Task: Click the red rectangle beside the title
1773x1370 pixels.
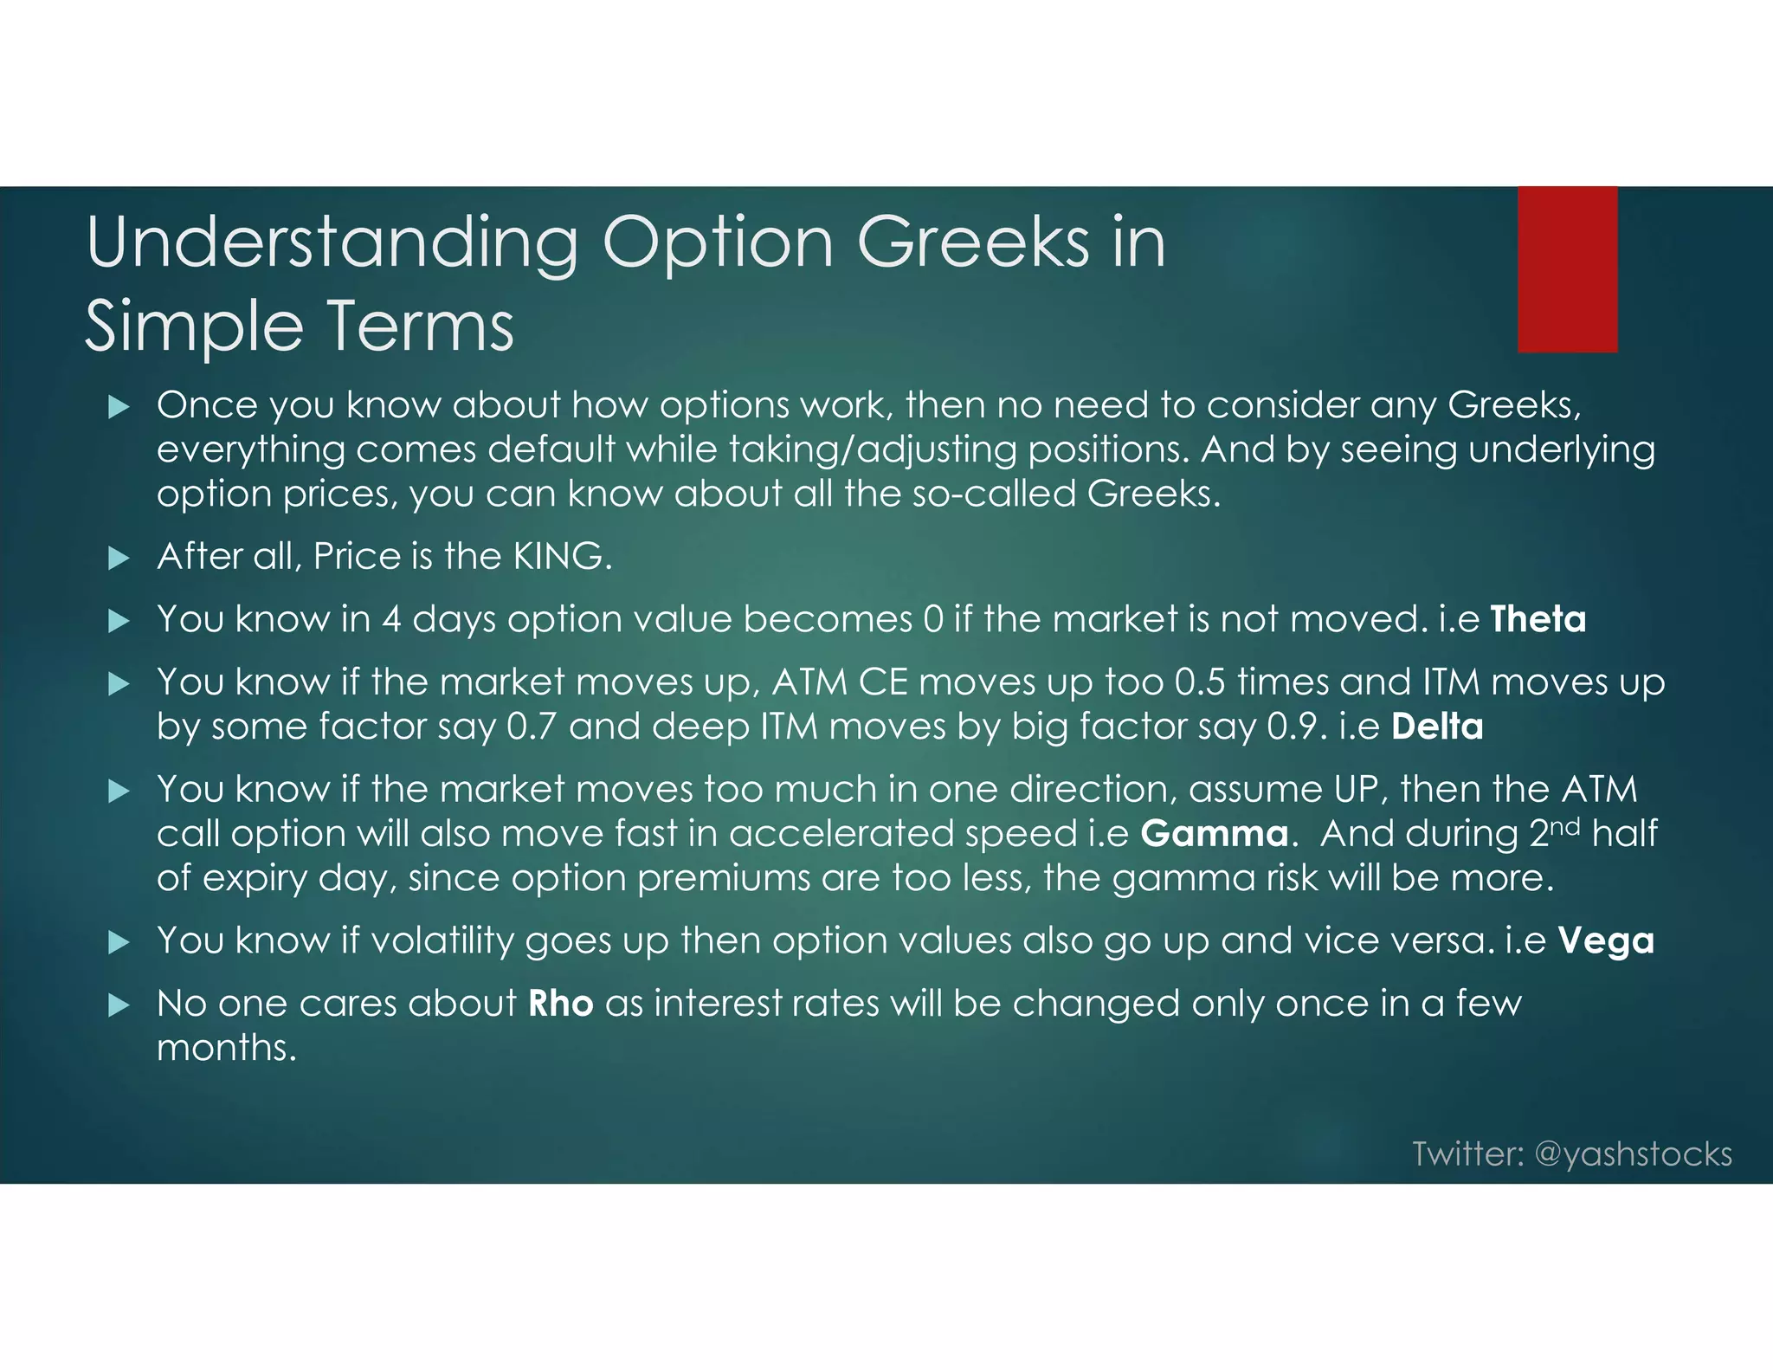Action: pos(1567,269)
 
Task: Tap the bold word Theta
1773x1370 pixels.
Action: pos(1538,619)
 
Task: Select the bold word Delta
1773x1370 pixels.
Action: pos(1437,726)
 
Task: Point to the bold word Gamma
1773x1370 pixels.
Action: pos(1215,833)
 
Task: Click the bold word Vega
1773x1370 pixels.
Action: pos(1606,940)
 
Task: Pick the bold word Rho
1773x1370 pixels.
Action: pos(561,1003)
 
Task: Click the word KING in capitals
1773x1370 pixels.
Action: pos(558,556)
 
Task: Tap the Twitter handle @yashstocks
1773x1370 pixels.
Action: pos(1633,1154)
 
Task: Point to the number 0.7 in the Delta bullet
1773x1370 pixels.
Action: pos(531,726)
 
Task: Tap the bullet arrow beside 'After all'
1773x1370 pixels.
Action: pos(119,558)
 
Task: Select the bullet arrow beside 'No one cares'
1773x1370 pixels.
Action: pos(119,1005)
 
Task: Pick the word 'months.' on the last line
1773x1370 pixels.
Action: pos(227,1048)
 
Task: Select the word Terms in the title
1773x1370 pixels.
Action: pos(420,327)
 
